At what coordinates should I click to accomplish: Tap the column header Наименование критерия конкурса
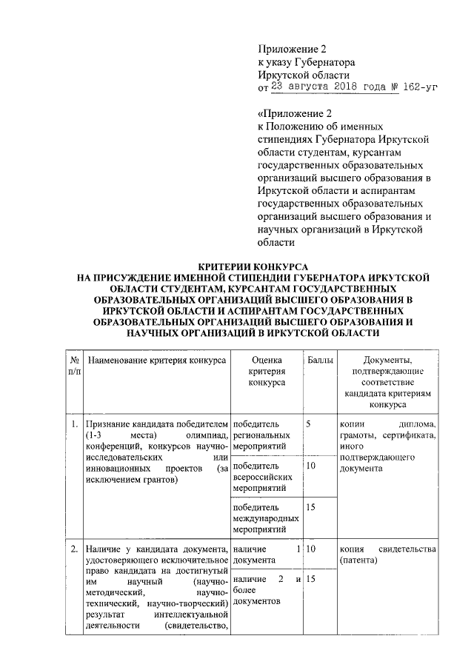click(157, 359)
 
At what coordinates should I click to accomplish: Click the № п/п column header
click(74, 364)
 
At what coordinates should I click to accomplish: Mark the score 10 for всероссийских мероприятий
click(311, 466)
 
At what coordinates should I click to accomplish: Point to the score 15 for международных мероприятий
click(311, 507)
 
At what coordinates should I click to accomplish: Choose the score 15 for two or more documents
click(311, 578)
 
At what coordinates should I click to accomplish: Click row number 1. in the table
click(74, 424)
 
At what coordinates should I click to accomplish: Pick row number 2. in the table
click(74, 549)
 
